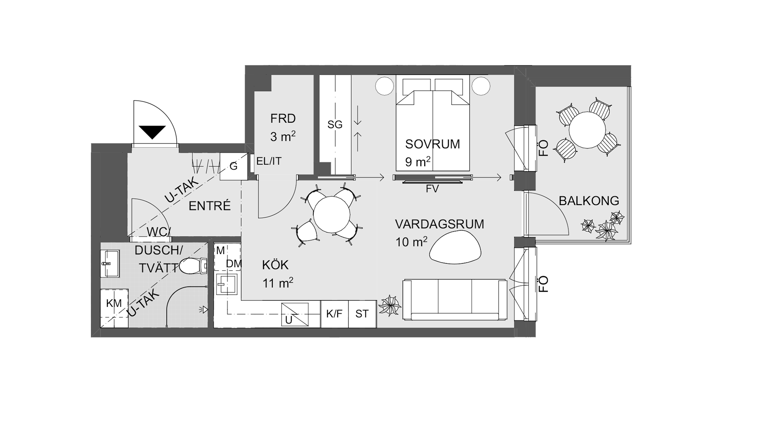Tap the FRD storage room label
283,118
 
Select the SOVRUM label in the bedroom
433,144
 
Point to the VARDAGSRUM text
440,224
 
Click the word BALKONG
589,201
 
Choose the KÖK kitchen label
275,265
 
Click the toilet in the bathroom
194,266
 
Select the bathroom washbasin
110,263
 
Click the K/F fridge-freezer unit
334,314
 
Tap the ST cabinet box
362,314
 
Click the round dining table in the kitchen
332,215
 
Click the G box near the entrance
234,166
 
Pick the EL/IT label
269,161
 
